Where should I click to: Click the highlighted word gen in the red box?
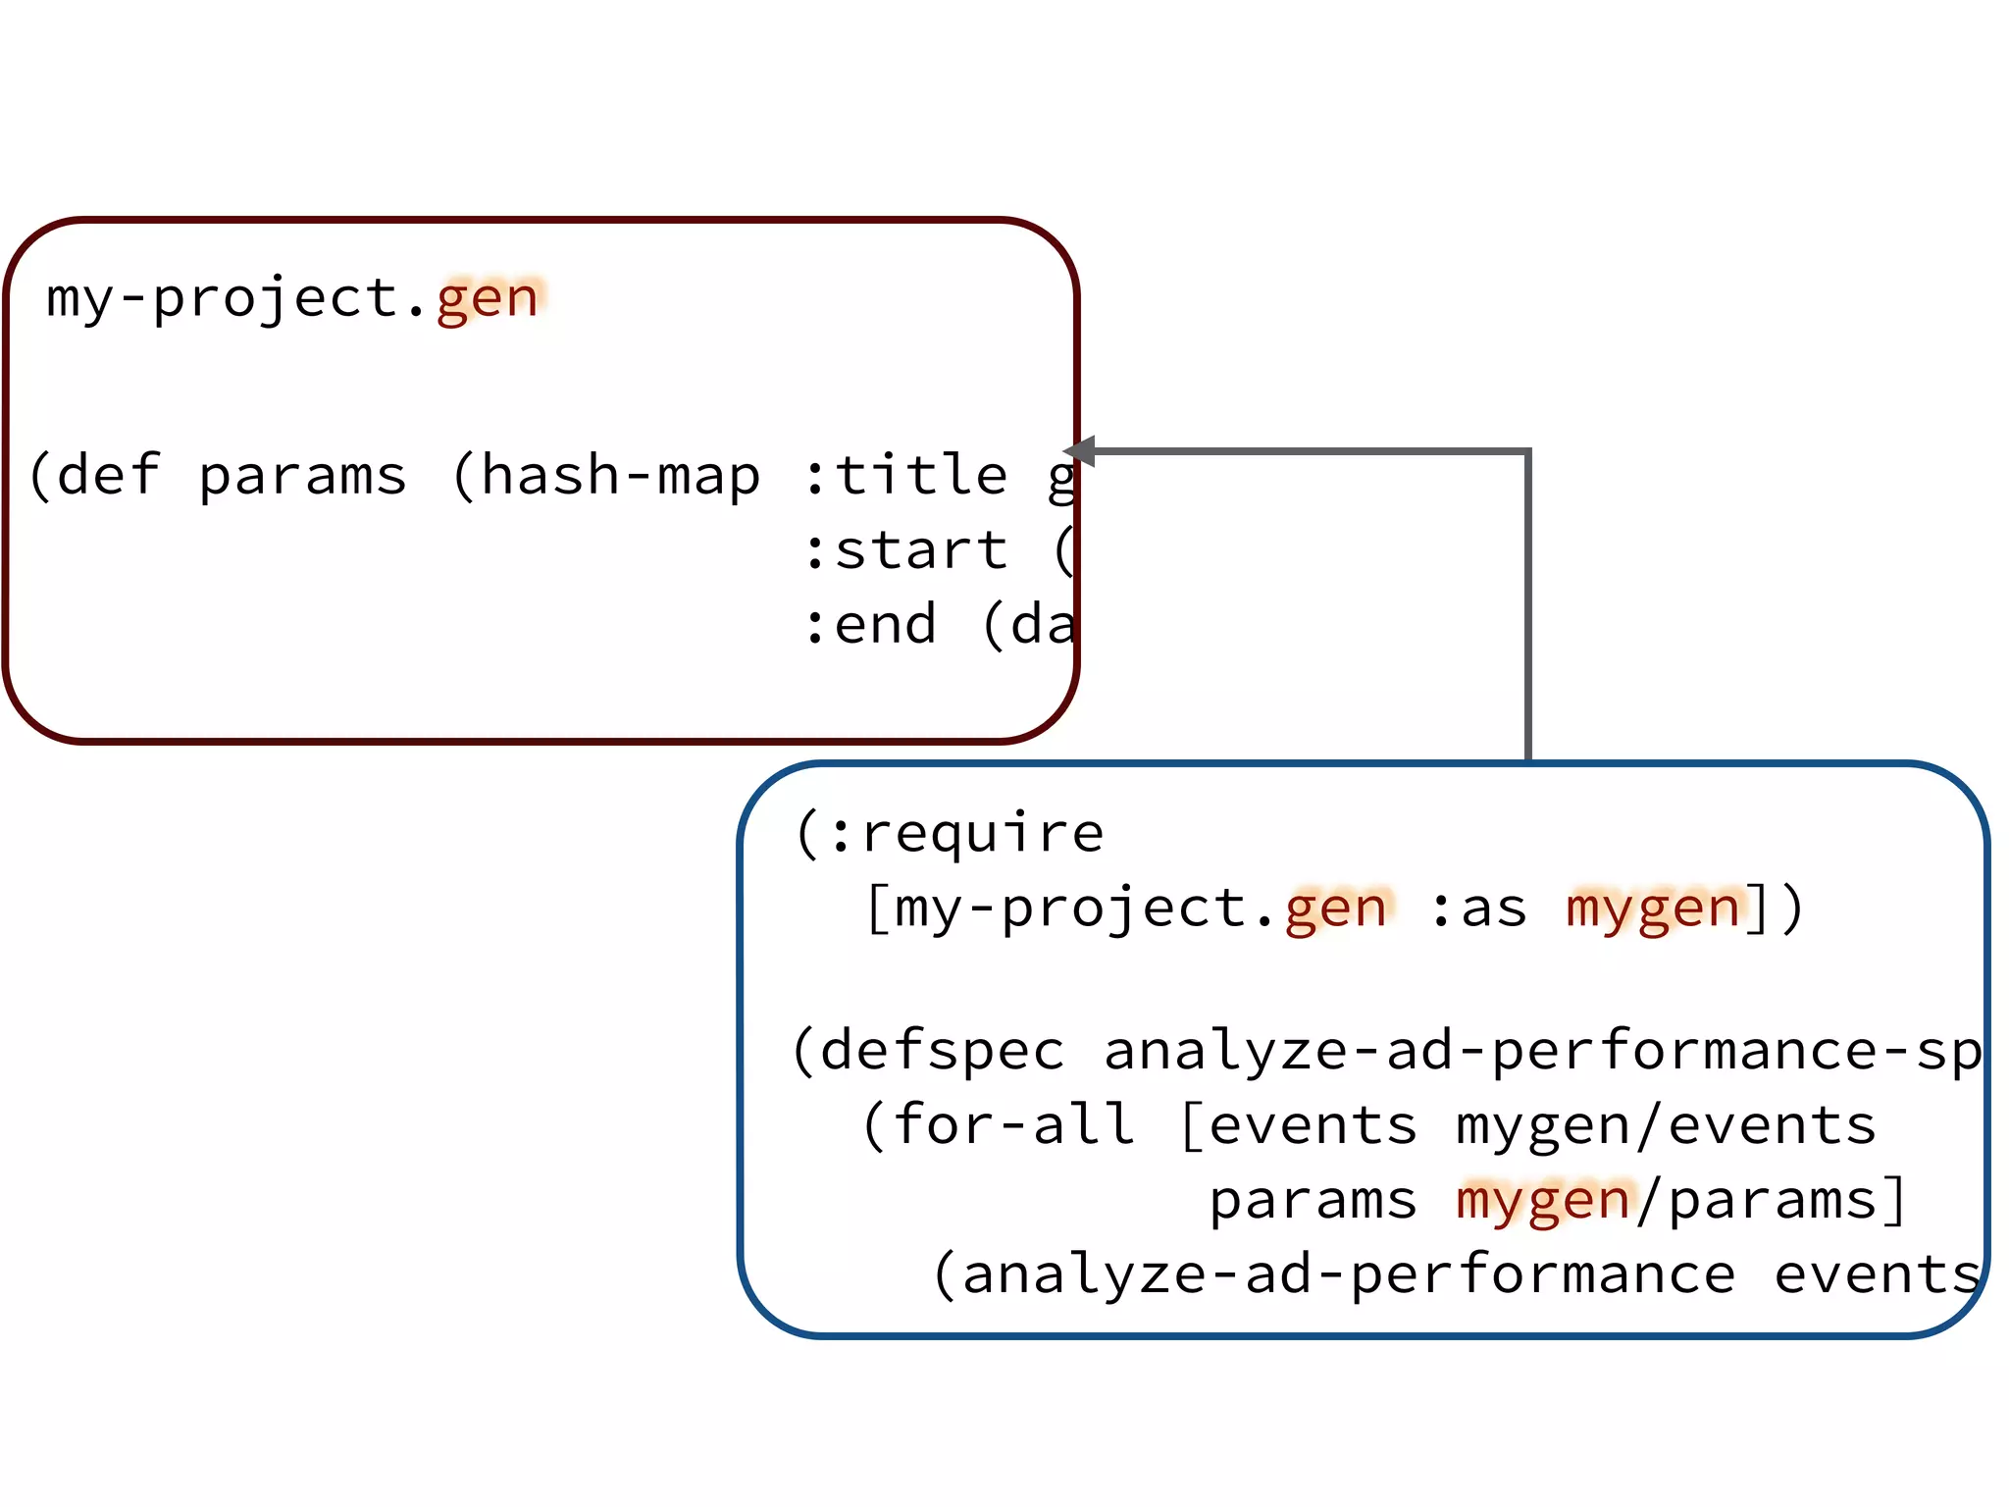(x=488, y=298)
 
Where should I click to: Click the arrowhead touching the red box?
(x=1079, y=451)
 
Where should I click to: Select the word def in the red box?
(x=108, y=476)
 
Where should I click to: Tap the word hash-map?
(x=620, y=476)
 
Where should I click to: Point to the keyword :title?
(x=904, y=476)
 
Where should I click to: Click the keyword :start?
(x=904, y=550)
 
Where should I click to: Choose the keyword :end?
(x=869, y=625)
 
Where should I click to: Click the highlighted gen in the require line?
(x=1336, y=909)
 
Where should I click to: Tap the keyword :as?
(x=1478, y=909)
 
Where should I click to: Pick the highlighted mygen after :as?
(x=1653, y=909)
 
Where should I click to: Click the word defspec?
(x=943, y=1052)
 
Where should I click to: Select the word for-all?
(x=1013, y=1125)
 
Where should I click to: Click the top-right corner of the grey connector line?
(x=1527, y=452)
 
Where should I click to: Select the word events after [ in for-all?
(x=1313, y=1125)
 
